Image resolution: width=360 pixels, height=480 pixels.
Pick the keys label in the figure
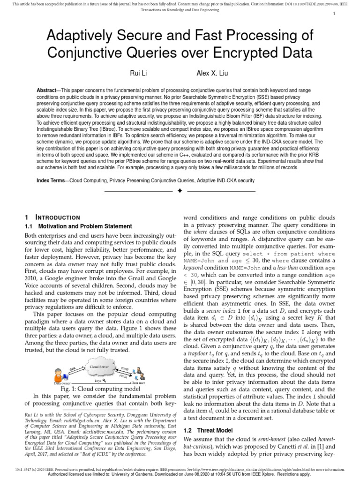[x=98, y=381]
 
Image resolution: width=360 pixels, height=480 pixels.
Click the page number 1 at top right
[x=333, y=14]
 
